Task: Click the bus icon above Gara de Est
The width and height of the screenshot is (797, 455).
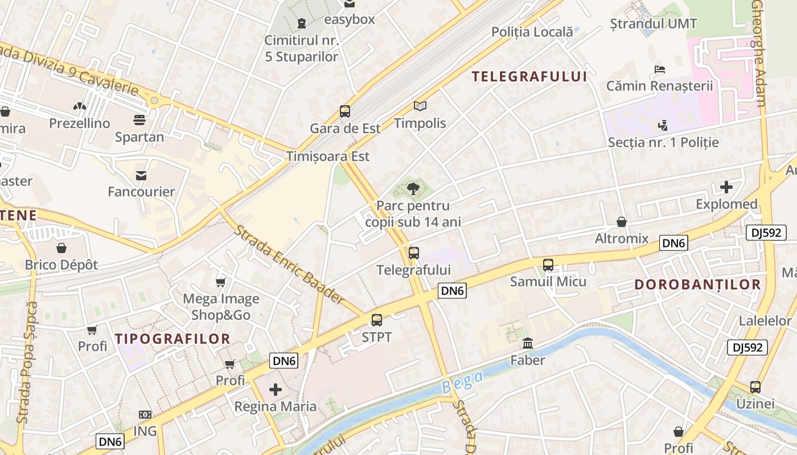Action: pos(344,111)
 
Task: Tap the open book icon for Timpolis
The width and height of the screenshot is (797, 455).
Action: pos(420,106)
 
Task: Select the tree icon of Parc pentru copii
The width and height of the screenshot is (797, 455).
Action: pos(413,188)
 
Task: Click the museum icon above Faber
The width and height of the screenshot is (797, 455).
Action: pos(528,344)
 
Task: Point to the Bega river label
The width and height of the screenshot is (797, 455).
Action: pos(462,382)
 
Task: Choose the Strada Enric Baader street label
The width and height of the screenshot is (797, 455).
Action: pos(289,264)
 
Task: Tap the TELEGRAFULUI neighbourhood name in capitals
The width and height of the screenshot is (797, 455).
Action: pos(529,76)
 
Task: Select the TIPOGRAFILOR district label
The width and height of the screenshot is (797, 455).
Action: pos(172,339)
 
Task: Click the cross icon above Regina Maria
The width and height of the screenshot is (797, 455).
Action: pos(276,390)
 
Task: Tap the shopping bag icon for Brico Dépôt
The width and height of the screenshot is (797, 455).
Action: pos(61,248)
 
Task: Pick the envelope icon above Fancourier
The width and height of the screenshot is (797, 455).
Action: pos(141,175)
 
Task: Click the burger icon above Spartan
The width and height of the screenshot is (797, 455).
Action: pos(139,120)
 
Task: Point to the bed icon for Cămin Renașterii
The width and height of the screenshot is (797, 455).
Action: pos(660,69)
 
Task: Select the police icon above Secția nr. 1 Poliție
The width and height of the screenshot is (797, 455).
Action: pos(663,125)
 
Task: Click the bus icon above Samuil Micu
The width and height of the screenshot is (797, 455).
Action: pos(548,264)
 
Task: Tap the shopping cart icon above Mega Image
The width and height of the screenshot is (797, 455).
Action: pos(221,282)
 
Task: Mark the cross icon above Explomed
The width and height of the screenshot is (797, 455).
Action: pos(726,187)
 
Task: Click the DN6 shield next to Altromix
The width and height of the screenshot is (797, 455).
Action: pos(674,243)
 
